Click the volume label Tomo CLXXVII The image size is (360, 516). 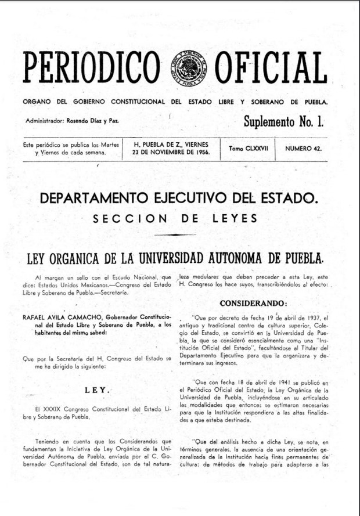click(249, 149)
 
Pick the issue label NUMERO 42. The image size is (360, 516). click(303, 149)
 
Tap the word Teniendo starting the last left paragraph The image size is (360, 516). click(48, 442)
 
